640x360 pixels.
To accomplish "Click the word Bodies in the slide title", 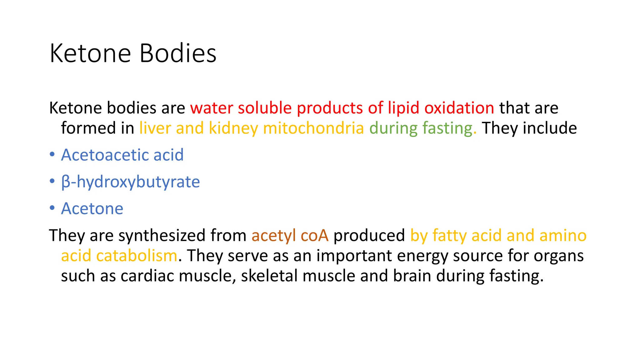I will (178, 53).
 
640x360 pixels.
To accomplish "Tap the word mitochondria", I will (313, 128).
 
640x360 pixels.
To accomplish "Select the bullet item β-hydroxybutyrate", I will (131, 182).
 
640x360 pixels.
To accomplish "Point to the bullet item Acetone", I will (92, 208).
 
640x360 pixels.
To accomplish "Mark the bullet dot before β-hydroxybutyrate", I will (52, 181).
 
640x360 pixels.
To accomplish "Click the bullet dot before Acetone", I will (52, 208).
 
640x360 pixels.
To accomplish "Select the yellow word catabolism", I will (137, 256).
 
